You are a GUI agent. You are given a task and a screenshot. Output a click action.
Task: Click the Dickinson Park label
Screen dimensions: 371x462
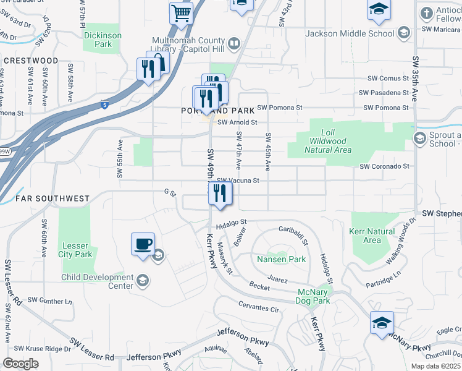(103, 40)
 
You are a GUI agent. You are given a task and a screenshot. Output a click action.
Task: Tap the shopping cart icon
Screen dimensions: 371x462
(181, 12)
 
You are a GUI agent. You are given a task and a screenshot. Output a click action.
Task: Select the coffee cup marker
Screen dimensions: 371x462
(143, 244)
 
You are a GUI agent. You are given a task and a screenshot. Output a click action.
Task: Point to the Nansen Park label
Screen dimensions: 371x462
(282, 260)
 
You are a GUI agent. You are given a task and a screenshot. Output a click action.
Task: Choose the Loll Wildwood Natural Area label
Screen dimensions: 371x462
(328, 141)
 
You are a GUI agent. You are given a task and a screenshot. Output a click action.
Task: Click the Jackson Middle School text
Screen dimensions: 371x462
(350, 33)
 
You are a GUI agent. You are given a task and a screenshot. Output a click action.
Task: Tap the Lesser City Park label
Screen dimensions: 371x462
(76, 250)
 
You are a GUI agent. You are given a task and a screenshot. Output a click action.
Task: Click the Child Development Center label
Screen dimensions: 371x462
(97, 282)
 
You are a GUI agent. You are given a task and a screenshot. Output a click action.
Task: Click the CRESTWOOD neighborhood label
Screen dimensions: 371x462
(30, 61)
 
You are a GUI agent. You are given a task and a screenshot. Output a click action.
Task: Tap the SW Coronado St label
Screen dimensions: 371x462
(385, 166)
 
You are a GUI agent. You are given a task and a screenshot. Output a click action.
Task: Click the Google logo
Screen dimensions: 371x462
(20, 364)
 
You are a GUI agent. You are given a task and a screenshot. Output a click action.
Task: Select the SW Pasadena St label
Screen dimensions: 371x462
(388, 93)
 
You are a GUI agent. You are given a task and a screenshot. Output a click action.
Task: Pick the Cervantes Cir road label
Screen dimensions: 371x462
(259, 307)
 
